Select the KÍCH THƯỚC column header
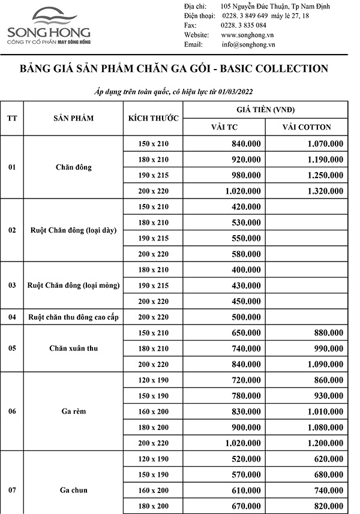point(154,118)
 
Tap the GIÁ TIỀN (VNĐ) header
point(265,110)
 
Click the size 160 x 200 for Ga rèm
point(154,411)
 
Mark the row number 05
point(12,348)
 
